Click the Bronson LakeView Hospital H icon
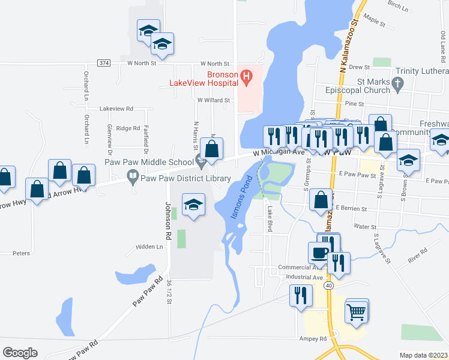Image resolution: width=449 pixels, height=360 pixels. pyautogui.click(x=246, y=76)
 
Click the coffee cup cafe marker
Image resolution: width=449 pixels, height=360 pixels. pyautogui.click(x=318, y=253)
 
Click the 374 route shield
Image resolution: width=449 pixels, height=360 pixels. pyautogui.click(x=104, y=63)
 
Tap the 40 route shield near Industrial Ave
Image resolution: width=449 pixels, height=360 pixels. pyautogui.click(x=328, y=286)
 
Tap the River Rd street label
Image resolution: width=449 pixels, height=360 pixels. pyautogui.click(x=416, y=254)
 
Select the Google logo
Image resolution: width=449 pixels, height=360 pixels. pyautogui.click(x=20, y=352)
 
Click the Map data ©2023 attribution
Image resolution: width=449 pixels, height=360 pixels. pyautogui.click(x=423, y=355)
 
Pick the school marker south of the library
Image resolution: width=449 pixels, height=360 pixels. pyautogui.click(x=193, y=205)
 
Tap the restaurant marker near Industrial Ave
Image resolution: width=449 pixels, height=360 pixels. pyautogui.click(x=300, y=295)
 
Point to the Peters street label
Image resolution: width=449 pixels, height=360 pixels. pyautogui.click(x=21, y=253)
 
